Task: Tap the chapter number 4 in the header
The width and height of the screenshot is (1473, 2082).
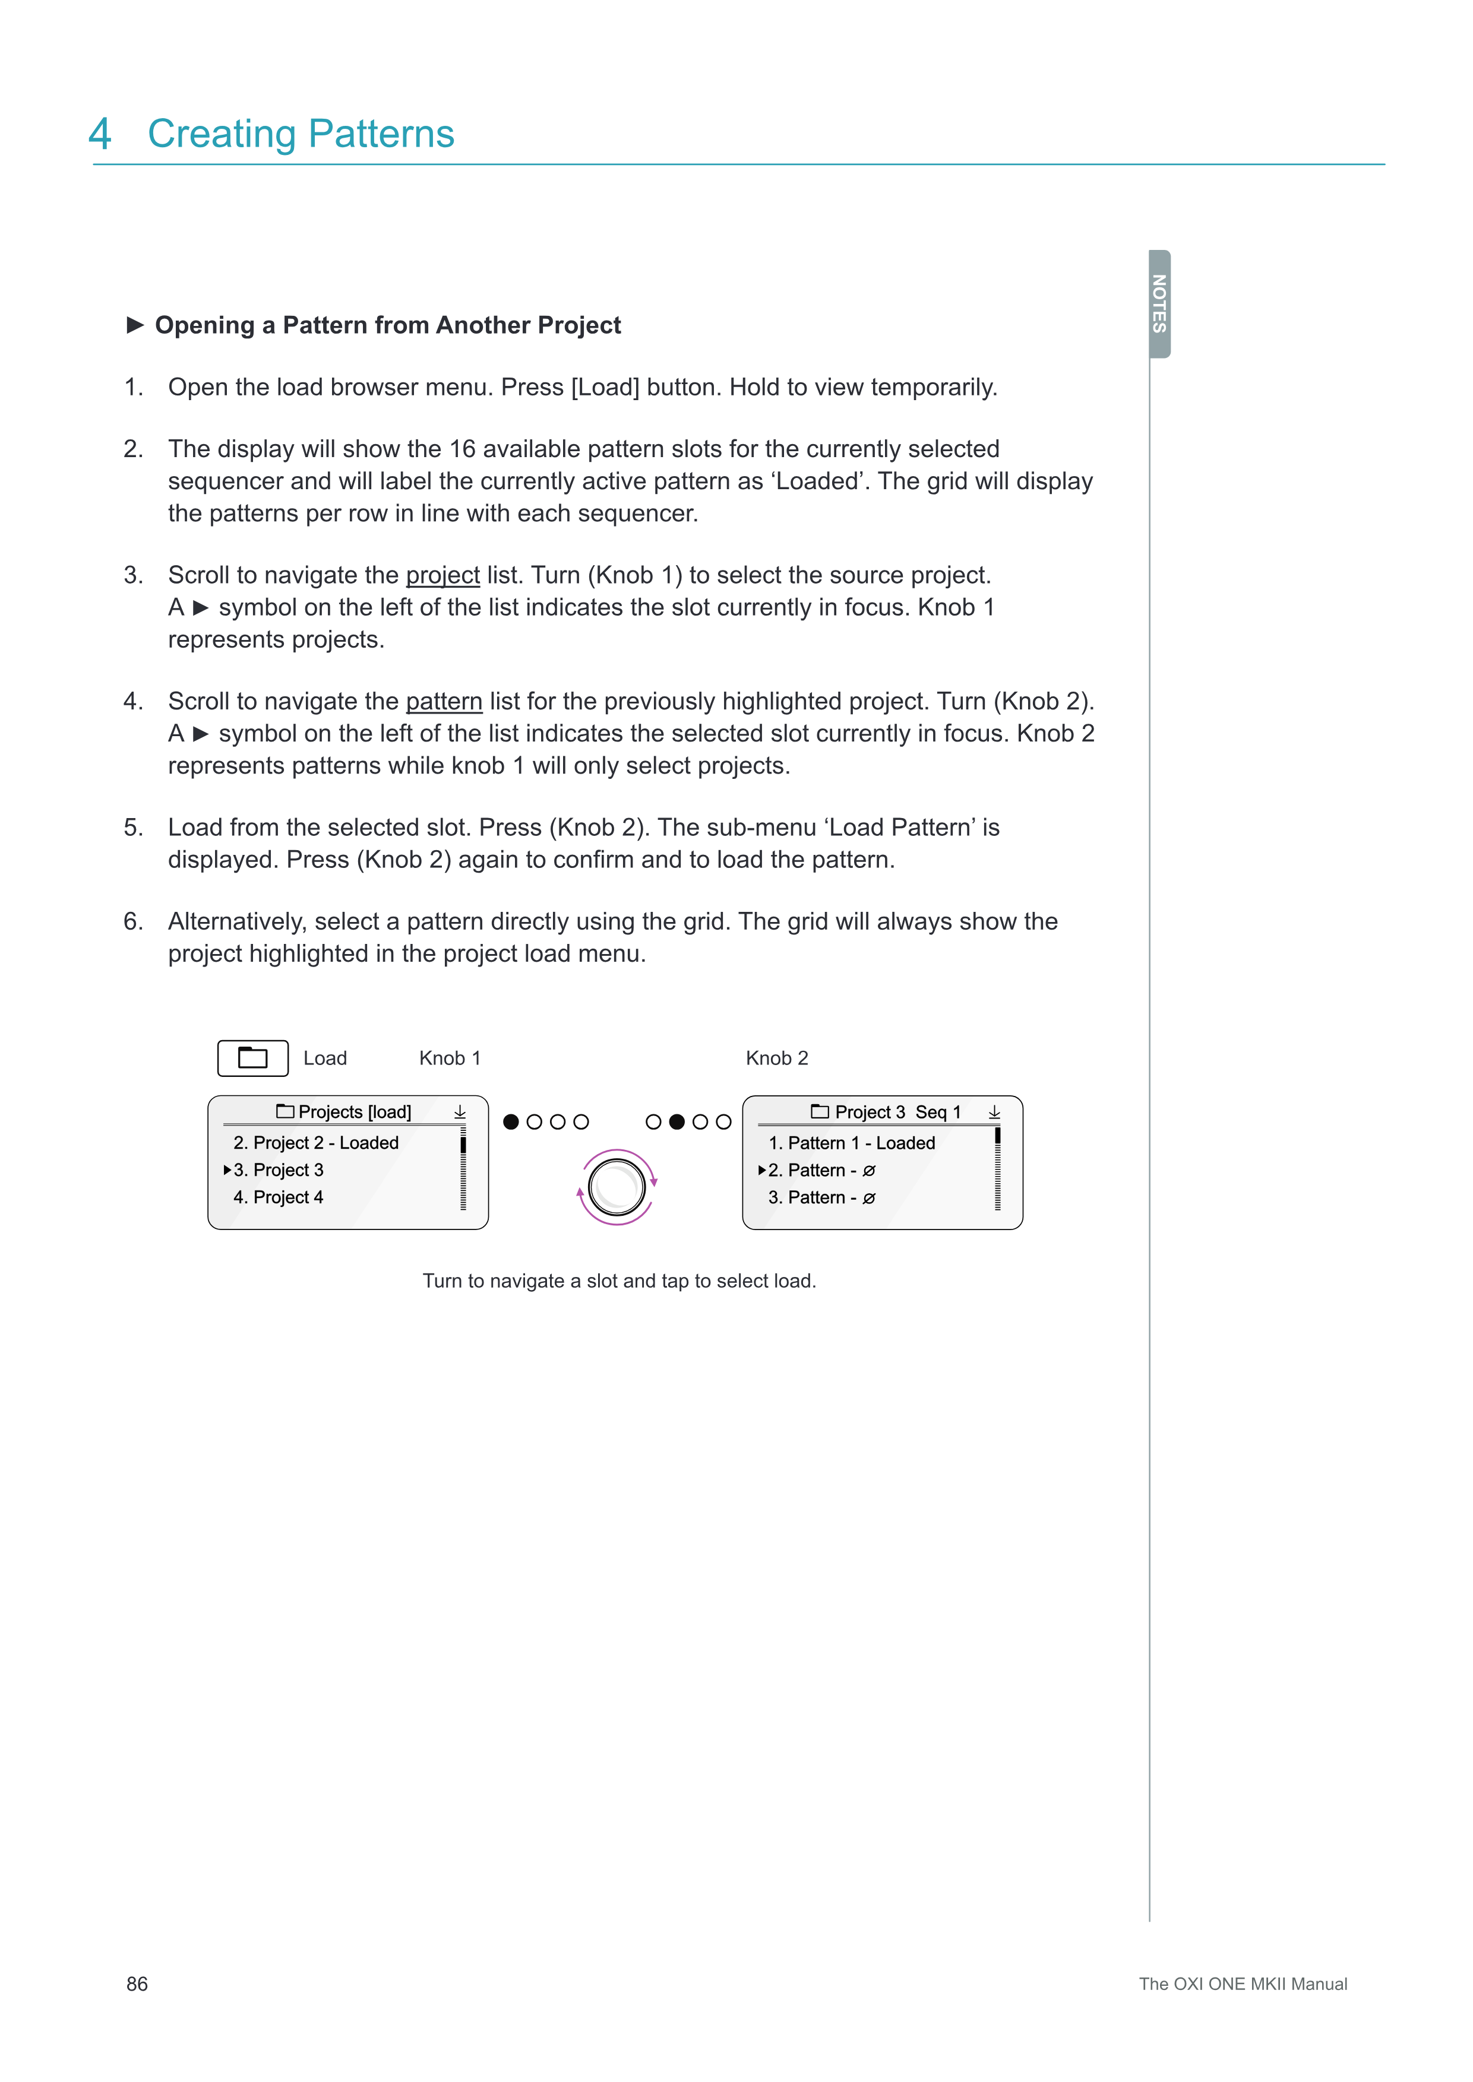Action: tap(100, 134)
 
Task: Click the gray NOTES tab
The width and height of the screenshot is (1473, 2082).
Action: tap(1159, 304)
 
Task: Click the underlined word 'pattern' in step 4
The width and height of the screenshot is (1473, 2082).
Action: tap(444, 701)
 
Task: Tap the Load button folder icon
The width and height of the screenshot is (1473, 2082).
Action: tap(253, 1059)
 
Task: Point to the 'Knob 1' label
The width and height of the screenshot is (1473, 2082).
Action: tap(450, 1059)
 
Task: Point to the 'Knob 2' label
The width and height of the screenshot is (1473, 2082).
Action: tap(776, 1059)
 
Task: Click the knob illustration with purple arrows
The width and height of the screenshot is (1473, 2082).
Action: tap(617, 1187)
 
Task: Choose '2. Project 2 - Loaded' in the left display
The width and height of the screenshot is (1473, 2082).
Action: tap(315, 1143)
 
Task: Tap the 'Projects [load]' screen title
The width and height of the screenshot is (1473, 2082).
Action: tap(354, 1112)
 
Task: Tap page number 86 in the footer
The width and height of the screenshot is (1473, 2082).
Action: tap(137, 1984)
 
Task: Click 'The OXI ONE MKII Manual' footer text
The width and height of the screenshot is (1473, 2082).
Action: tap(1243, 1984)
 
